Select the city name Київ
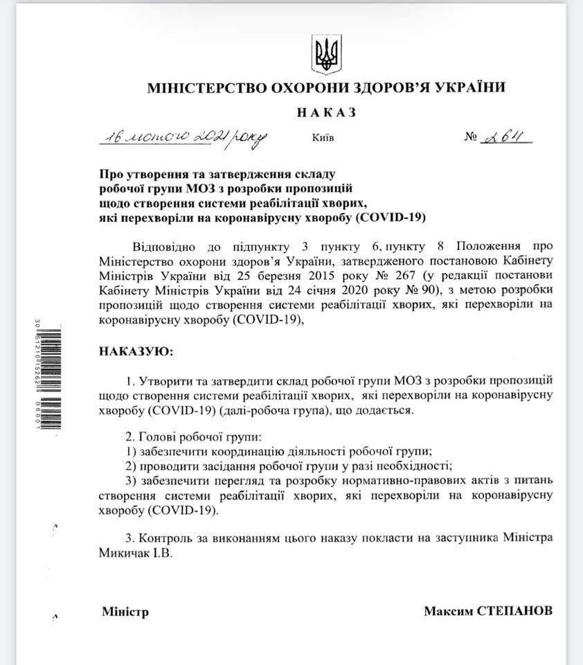323,138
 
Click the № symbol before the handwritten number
472,137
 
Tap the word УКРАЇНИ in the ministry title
465,88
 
